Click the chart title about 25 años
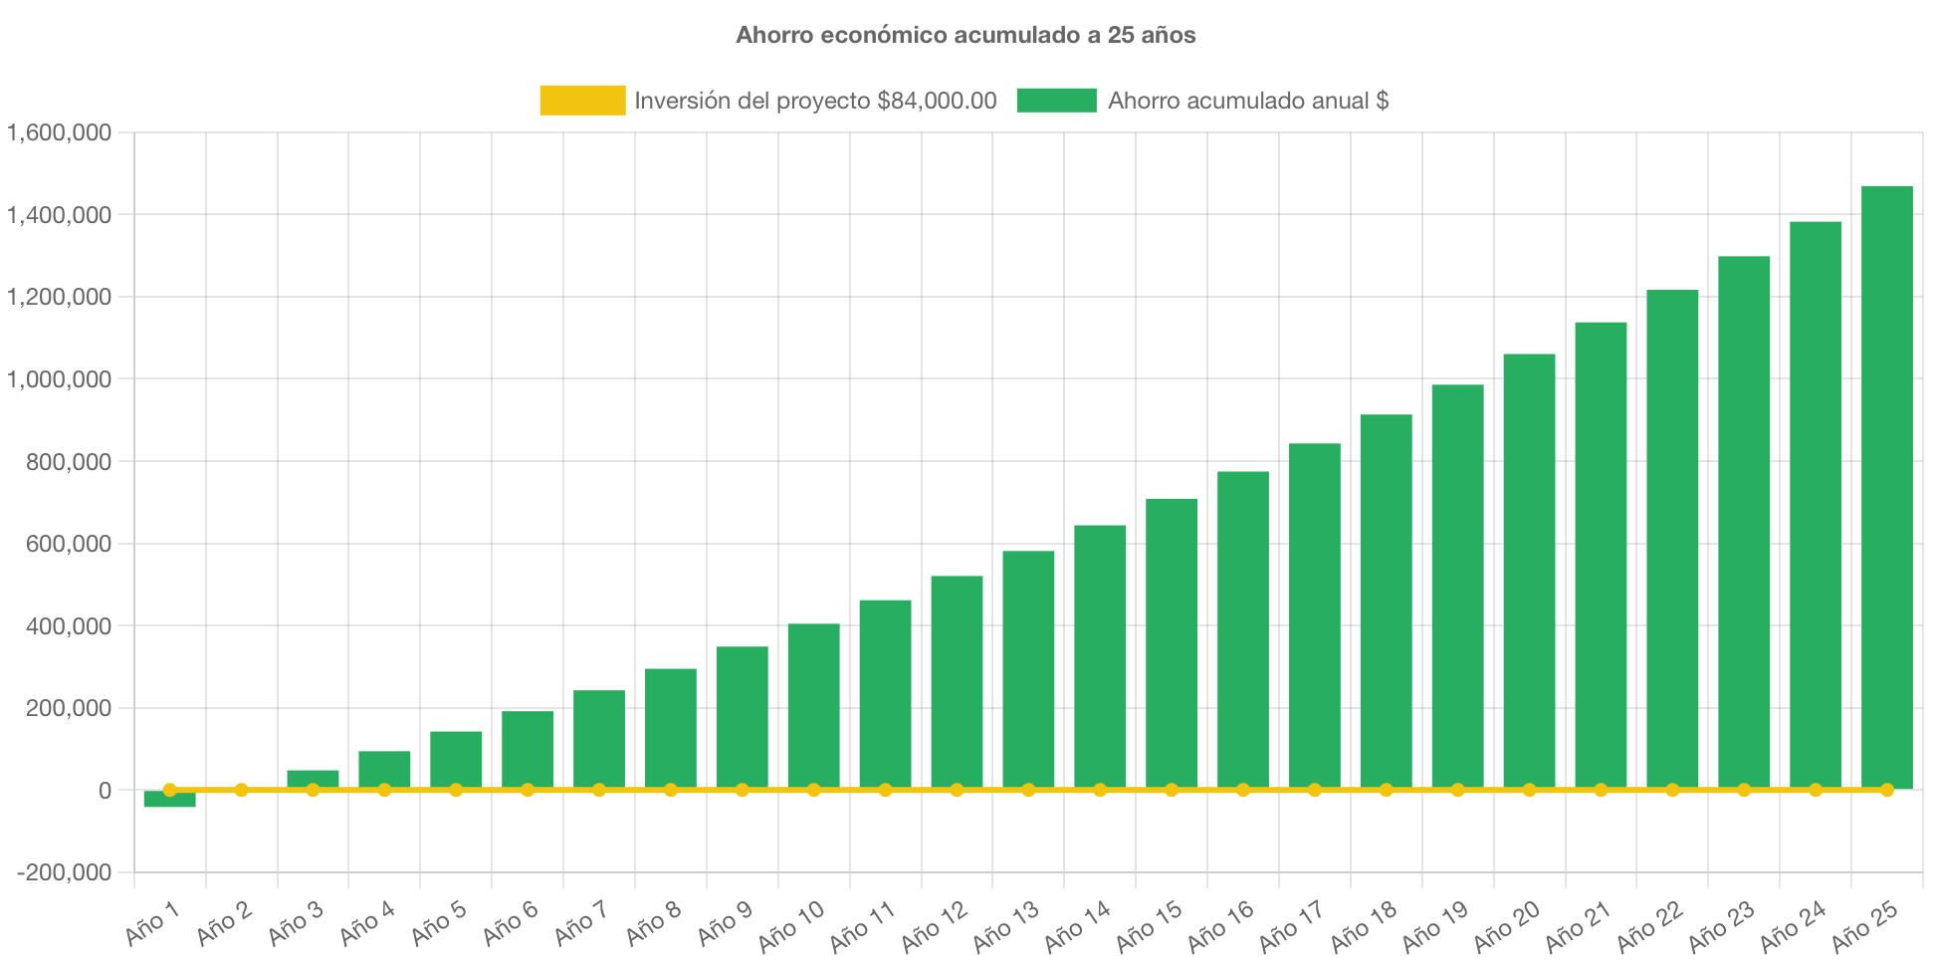click(966, 35)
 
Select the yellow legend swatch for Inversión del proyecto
click(582, 101)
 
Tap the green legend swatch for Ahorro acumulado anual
click(1056, 101)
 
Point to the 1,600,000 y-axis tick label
click(60, 132)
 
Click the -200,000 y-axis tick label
click(64, 873)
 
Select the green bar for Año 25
click(1886, 488)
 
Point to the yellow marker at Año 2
click(241, 790)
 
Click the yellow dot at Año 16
click(1243, 790)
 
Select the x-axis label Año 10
click(792, 925)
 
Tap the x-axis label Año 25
click(1865, 925)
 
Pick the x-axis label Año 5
click(439, 923)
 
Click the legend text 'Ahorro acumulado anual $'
click(1248, 101)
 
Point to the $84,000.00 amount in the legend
click(937, 101)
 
